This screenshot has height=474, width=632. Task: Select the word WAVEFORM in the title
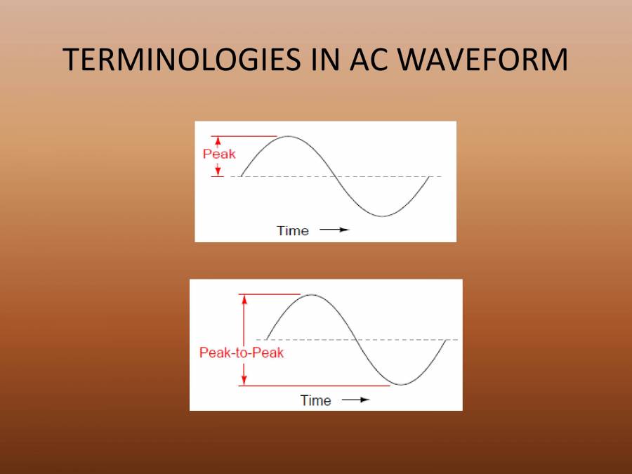coord(482,61)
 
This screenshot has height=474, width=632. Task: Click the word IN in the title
coord(322,61)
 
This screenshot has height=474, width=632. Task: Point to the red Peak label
coord(219,154)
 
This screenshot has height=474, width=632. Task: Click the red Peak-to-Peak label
coord(242,353)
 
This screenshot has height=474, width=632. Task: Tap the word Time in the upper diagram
coord(293,230)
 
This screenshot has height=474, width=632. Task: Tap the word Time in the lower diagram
coord(315,400)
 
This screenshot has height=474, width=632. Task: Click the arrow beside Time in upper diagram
coord(334,230)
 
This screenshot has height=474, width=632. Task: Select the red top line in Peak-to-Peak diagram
coord(270,294)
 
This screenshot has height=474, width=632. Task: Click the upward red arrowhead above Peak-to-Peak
coord(244,298)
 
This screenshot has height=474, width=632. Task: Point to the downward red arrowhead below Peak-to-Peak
coord(244,381)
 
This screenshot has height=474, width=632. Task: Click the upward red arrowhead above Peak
coord(218,140)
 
